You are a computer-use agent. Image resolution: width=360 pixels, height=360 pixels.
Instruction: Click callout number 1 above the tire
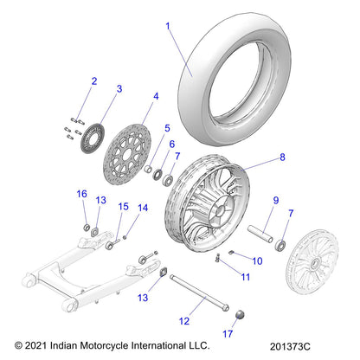pyautogui.click(x=168, y=27)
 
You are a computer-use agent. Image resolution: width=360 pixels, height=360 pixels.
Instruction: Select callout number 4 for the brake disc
pyautogui.click(x=155, y=96)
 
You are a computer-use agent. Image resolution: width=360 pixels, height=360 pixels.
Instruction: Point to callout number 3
pyautogui.click(x=119, y=89)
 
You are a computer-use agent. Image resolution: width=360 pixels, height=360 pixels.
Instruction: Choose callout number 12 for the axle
pyautogui.click(x=183, y=321)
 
